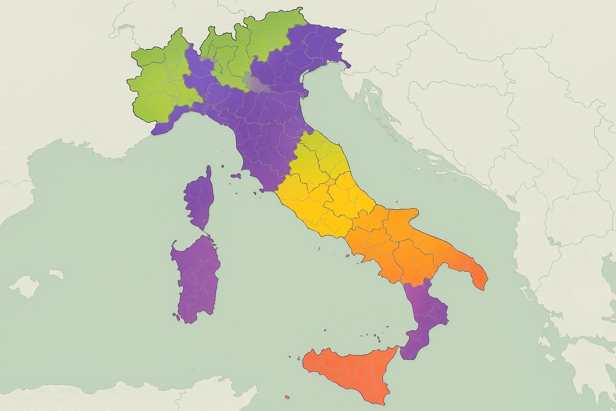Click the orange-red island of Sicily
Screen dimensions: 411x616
coord(349,369)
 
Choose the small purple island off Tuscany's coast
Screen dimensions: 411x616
coord(236,175)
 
